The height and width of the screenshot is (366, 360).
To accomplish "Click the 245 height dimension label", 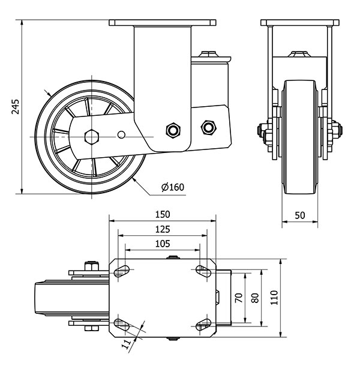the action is click(16, 107).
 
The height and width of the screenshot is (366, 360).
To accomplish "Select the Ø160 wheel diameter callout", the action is click(173, 187).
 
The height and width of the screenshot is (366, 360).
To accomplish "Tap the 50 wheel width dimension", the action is click(300, 215).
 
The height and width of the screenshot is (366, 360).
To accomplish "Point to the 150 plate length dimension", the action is click(163, 215).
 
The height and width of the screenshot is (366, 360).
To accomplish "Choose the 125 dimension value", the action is click(163, 230).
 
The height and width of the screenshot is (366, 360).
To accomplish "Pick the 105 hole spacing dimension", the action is click(163, 244).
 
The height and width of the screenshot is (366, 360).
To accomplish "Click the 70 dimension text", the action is click(239, 298).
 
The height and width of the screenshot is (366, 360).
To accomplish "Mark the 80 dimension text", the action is click(255, 298).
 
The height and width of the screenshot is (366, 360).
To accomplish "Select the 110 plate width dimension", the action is click(274, 298).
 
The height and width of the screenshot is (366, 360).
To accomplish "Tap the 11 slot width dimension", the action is click(127, 344).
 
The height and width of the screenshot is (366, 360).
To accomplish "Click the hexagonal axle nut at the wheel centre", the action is click(92, 137).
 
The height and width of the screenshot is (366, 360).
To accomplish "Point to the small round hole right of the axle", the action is click(121, 134).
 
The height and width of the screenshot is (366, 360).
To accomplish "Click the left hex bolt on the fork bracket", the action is click(173, 130).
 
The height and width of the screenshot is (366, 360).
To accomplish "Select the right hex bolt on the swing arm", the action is click(208, 127).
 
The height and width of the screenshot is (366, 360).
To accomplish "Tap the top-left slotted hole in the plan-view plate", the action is click(122, 271).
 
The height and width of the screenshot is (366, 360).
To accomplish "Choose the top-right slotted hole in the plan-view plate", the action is click(203, 271).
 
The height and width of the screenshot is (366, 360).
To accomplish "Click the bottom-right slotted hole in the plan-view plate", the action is click(203, 325).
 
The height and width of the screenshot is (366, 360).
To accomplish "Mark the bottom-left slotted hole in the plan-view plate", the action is click(122, 325).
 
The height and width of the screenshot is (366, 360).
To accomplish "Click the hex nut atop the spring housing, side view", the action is click(208, 54).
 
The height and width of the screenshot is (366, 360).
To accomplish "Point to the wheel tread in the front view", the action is click(300, 137).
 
